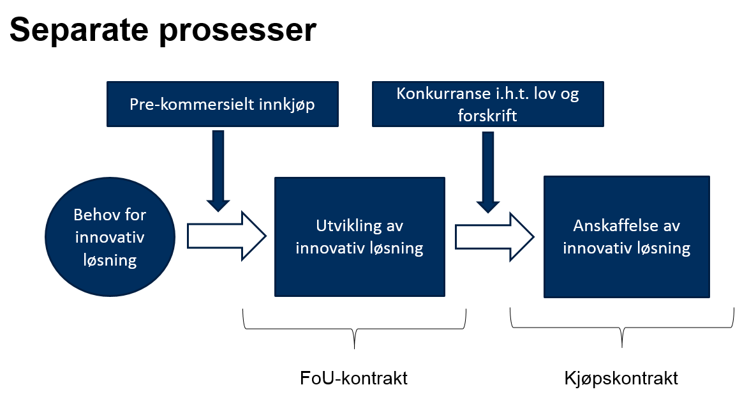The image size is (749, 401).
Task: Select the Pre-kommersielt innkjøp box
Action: tap(223, 103)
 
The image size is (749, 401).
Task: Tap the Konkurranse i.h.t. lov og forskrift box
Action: tap(487, 103)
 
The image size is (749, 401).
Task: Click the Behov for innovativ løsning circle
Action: tap(110, 238)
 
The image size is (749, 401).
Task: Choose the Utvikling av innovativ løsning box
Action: tap(359, 237)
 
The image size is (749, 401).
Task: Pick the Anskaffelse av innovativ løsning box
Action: tap(627, 237)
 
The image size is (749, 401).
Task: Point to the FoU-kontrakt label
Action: tap(353, 378)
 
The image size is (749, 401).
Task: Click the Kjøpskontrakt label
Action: tap(621, 378)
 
